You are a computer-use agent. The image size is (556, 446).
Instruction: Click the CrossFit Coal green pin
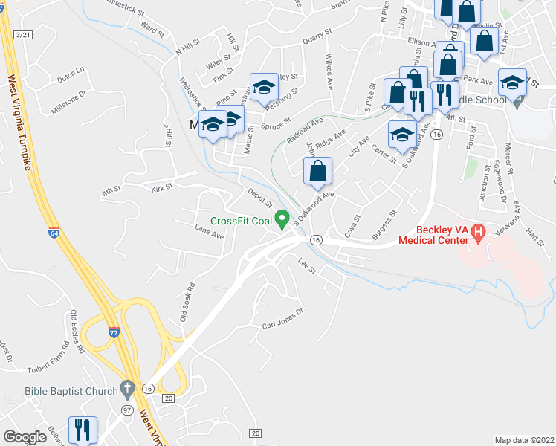coord(282,219)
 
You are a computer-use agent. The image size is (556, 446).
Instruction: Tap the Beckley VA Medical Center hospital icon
coord(479,233)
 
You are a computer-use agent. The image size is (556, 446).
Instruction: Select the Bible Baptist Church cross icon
coord(127,390)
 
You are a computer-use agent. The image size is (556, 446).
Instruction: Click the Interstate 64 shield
coord(54,232)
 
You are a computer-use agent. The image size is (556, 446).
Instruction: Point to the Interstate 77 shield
coord(114,332)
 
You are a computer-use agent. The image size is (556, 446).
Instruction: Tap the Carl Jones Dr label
coord(283,319)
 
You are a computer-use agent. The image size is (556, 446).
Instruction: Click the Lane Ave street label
coord(209,232)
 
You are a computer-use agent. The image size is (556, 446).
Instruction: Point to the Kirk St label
coord(161,187)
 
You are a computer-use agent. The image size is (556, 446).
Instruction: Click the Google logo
coord(25,437)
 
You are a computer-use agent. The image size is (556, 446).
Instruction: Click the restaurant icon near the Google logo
coord(82,430)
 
